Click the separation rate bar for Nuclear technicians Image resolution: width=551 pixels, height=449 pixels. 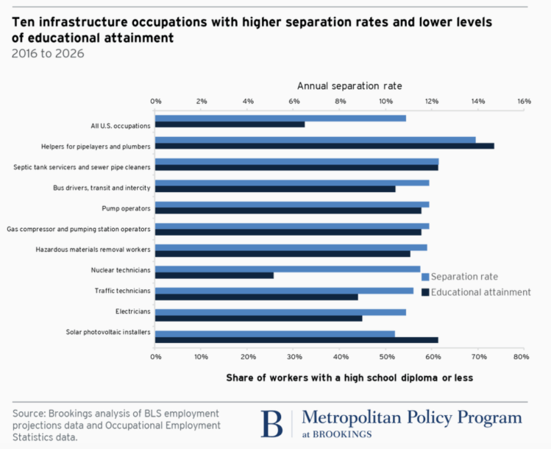[288, 269]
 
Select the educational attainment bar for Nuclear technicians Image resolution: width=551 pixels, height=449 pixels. [214, 275]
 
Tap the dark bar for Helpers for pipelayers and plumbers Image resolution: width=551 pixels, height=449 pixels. [324, 146]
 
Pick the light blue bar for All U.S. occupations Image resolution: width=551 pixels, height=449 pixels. [280, 118]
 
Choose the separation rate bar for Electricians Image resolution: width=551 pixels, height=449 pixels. [280, 312]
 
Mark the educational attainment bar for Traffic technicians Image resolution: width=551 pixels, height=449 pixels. [257, 297]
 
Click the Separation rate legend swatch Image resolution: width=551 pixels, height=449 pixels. [425, 277]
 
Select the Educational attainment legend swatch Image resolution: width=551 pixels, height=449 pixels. [425, 292]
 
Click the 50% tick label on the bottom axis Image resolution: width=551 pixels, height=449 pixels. [385, 357]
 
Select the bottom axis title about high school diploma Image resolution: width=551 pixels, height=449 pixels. [349, 378]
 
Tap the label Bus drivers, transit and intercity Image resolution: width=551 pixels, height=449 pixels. [102, 188]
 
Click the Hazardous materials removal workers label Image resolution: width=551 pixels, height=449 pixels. [93, 250]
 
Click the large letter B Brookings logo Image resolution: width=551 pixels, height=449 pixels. [271, 424]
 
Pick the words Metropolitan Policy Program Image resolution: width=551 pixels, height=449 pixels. [411, 418]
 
